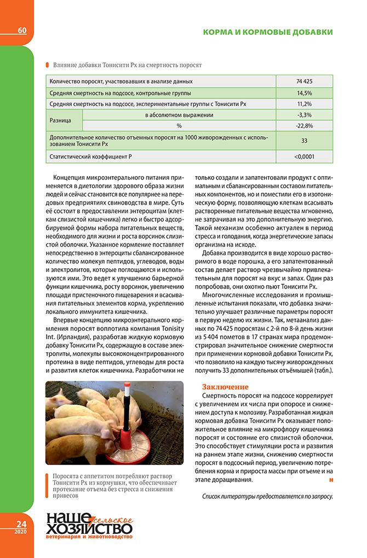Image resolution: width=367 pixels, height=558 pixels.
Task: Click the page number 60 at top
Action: [x=22, y=30]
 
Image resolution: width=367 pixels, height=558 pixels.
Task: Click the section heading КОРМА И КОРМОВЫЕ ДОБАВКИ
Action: [x=268, y=32]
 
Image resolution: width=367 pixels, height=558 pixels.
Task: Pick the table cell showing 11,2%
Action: [x=305, y=104]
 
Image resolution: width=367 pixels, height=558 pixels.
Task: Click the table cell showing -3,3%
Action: [x=305, y=115]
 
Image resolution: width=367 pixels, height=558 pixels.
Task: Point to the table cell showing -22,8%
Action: [x=305, y=126]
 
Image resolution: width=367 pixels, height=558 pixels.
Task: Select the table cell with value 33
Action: [x=305, y=140]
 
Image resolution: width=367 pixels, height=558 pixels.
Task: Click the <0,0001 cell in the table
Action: [x=305, y=157]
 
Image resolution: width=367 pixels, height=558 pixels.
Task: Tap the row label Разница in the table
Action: [x=63, y=120]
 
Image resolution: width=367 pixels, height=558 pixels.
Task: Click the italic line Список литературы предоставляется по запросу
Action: [x=267, y=497]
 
